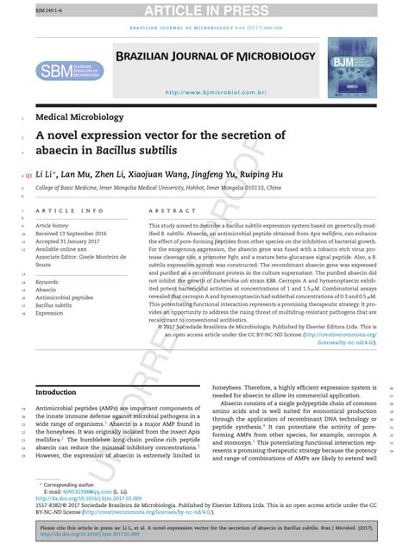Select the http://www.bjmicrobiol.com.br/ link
pyautogui.click(x=215, y=92)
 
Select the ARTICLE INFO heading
pyautogui.click(x=68, y=210)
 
